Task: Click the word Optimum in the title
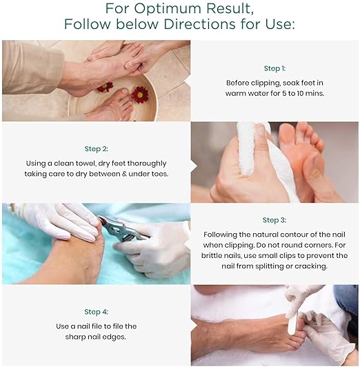pyautogui.click(x=168, y=9)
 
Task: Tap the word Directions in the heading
pyautogui.click(x=199, y=24)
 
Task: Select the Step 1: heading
pyautogui.click(x=274, y=68)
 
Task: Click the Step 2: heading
pyautogui.click(x=97, y=149)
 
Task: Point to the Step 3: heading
pyautogui.click(x=274, y=220)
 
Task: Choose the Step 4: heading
pyautogui.click(x=97, y=312)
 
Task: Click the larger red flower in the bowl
pyautogui.click(x=140, y=95)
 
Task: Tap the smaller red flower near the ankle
pyautogui.click(x=105, y=87)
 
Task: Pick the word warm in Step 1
pyautogui.click(x=236, y=93)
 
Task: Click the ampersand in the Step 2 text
pyautogui.click(x=124, y=174)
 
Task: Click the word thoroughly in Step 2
pyautogui.click(x=147, y=163)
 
